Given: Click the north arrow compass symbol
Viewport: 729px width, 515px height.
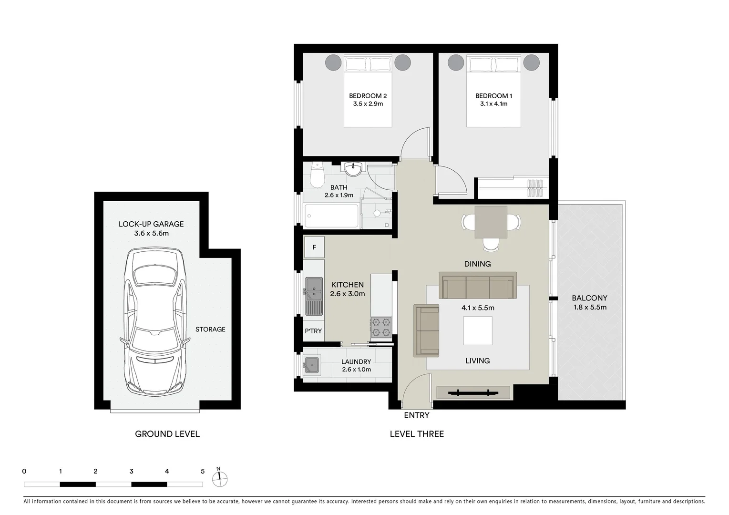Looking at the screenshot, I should (220, 479).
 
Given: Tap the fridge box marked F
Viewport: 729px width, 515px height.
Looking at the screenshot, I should (314, 247).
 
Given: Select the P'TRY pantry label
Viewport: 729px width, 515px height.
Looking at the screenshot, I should (313, 331).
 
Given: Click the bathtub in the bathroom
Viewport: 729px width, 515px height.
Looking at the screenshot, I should (331, 216).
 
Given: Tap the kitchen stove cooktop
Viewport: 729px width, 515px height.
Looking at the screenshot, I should (381, 327).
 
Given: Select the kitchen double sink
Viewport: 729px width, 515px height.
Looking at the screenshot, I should (314, 296).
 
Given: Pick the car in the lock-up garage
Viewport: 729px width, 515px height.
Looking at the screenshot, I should (154, 320).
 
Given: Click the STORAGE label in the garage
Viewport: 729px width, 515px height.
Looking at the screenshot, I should (210, 330).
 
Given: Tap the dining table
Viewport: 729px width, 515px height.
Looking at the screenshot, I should (491, 222).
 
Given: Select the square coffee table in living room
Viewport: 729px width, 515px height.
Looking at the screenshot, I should (478, 331).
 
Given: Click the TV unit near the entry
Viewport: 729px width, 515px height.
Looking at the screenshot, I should (473, 393).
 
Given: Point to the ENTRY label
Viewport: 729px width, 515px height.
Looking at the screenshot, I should (416, 415).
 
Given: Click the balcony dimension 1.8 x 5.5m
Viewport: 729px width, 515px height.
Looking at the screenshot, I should (590, 307).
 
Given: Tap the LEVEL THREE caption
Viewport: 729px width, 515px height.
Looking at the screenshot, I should (417, 434).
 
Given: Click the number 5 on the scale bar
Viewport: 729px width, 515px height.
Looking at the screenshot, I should (203, 471).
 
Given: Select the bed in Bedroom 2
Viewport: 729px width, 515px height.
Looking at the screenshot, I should (368, 91).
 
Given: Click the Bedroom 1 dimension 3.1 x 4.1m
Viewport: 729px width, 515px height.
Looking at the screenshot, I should (493, 103).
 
